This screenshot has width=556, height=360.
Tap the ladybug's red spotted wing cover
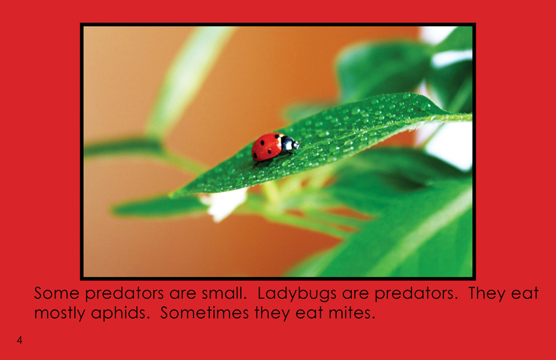point(267,147)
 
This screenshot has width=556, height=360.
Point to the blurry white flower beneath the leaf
point(224,204)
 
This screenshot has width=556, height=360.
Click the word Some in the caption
point(57,293)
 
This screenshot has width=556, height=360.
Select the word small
point(224,293)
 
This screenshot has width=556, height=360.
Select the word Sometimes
point(205,313)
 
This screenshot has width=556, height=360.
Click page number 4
point(20,340)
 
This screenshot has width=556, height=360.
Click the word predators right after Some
point(124,295)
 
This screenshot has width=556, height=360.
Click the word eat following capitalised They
point(525,294)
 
